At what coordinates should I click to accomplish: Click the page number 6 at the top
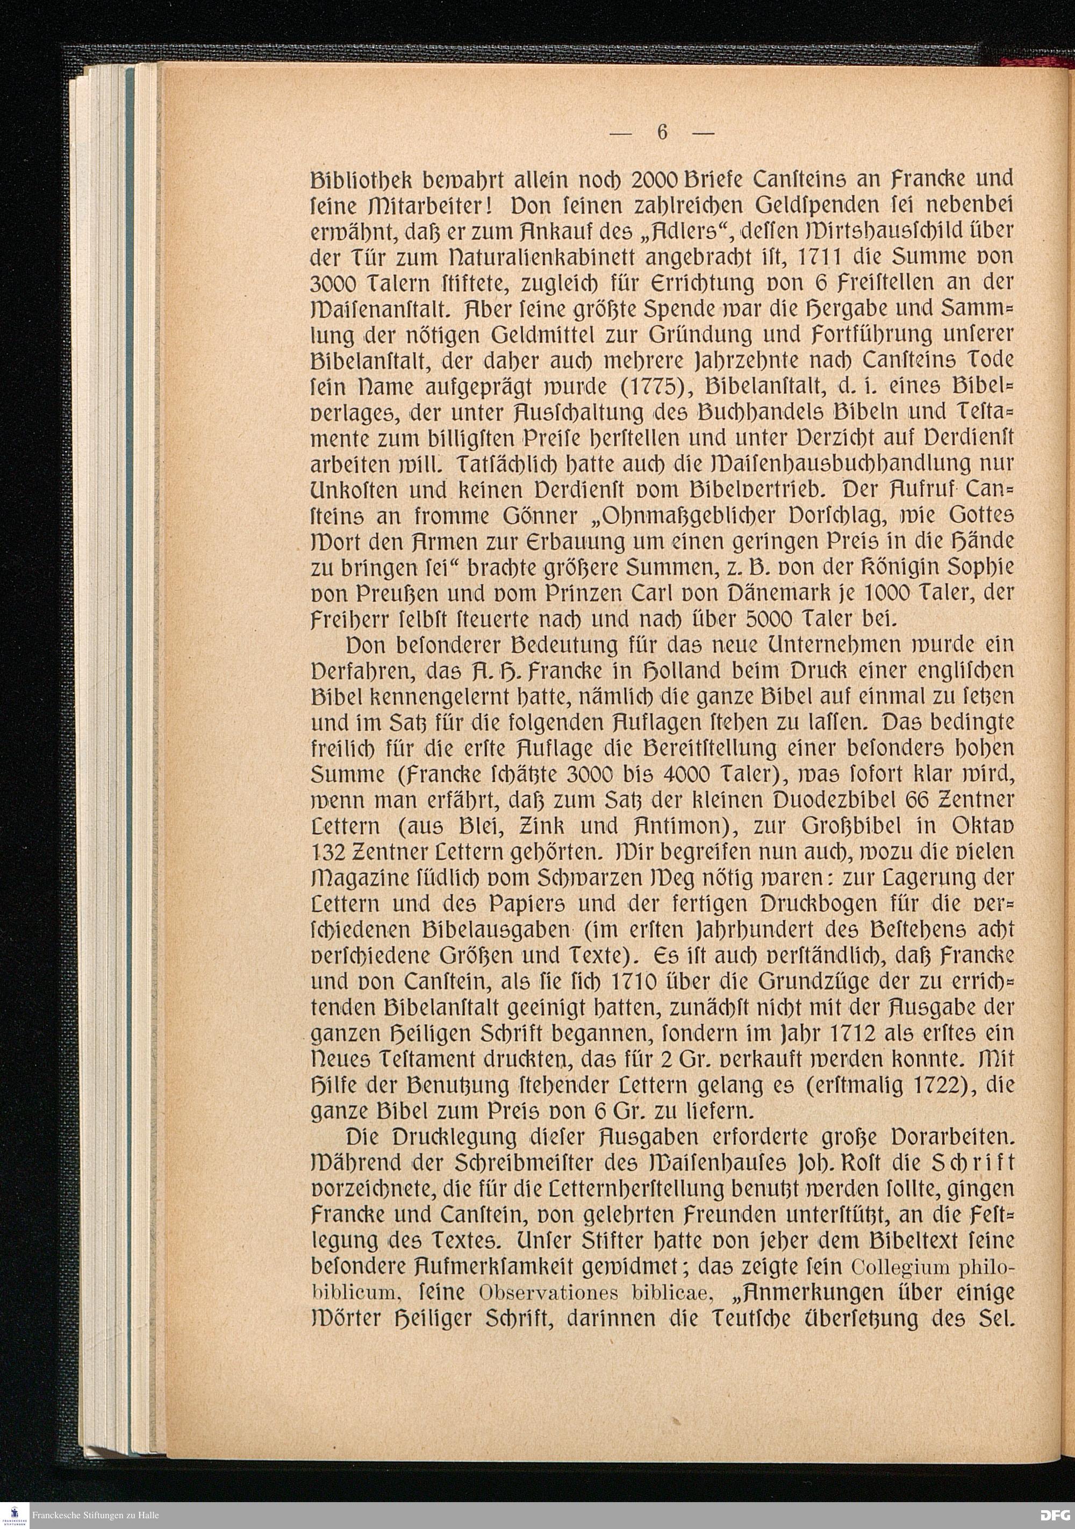point(662,132)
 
